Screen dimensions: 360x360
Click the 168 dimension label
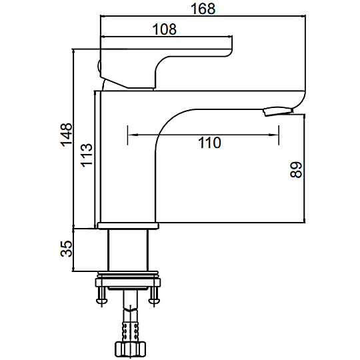[203, 9]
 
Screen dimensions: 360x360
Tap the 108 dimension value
[165, 29]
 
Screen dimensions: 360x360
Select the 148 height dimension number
[67, 135]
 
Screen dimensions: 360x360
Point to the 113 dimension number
[87, 155]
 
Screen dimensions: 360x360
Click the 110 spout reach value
[209, 143]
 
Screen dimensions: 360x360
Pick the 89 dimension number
[296, 170]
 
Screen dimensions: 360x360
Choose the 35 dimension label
[67, 249]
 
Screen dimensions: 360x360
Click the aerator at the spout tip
[278, 111]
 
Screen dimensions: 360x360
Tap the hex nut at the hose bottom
[131, 349]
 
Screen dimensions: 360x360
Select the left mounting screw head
[101, 301]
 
